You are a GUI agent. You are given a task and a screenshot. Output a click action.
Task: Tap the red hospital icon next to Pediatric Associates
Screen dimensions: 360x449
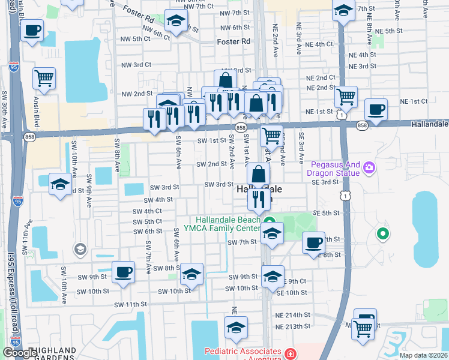pos(291,353)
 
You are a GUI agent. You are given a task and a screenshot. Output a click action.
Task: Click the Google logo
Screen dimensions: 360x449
pos(19,353)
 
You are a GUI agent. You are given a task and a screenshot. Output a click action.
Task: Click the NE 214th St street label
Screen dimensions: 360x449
pos(292,314)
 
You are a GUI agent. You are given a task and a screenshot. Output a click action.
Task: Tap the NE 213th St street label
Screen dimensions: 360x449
pos(292,327)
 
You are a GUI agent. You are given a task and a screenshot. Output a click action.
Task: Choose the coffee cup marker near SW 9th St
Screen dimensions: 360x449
pos(123,272)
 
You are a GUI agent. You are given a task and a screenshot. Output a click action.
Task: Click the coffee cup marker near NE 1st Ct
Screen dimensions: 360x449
pos(376,110)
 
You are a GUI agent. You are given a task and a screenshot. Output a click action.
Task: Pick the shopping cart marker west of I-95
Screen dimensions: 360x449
pos(44,77)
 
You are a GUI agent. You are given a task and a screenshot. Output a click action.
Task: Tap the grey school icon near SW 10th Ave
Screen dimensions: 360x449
pos(80,248)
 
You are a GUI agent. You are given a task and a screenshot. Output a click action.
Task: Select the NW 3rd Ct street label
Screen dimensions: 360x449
pos(135,65)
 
